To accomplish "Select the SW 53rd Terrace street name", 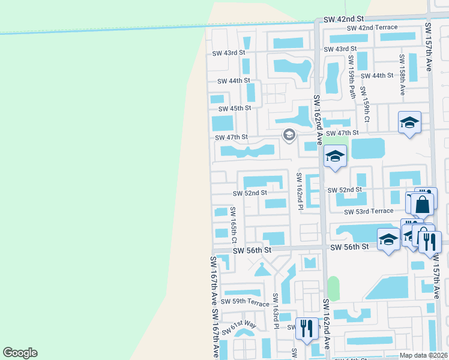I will tap(369, 211).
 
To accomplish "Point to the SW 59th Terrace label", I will tap(245, 302).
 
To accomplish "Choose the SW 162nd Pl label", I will tap(300, 191).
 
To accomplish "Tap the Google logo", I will tap(20, 353).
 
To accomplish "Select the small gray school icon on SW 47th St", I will tap(289, 135).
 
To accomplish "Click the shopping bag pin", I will tap(423, 205).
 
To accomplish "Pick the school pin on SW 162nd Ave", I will tap(334, 157).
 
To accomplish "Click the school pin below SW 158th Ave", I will tap(409, 123).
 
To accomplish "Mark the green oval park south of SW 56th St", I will tap(333, 289).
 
